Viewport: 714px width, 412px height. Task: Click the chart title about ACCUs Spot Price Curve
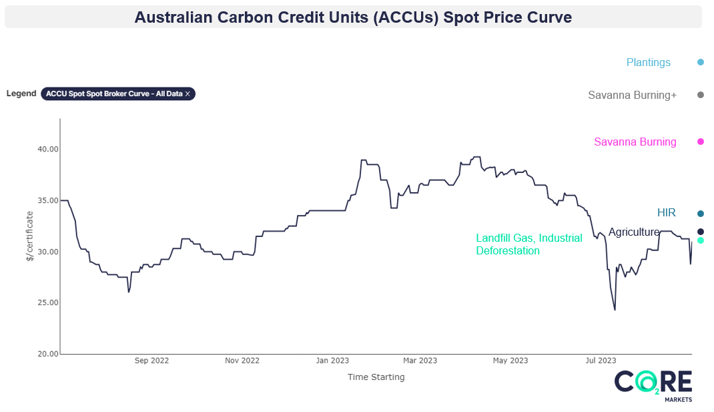[353, 17]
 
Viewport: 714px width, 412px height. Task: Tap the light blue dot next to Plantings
[701, 62]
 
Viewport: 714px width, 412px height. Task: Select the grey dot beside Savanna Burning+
[701, 95]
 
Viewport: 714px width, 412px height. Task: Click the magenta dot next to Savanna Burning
[701, 142]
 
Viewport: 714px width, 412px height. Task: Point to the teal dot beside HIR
[701, 214]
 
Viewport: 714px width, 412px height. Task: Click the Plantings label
[648, 62]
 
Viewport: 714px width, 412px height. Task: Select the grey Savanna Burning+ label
[632, 95]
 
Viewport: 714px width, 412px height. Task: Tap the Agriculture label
[633, 232]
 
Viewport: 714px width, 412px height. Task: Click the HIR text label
[666, 213]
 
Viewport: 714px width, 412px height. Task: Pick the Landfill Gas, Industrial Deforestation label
[528, 244]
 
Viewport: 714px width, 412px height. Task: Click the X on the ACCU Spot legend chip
[188, 94]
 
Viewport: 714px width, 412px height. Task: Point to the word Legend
[21, 93]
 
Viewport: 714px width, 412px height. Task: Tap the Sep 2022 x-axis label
[151, 361]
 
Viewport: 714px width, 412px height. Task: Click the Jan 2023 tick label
[332, 361]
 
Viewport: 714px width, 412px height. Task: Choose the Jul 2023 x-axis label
[601, 361]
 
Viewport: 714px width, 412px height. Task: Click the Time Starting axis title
[376, 377]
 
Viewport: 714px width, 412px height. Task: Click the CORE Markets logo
[653, 386]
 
